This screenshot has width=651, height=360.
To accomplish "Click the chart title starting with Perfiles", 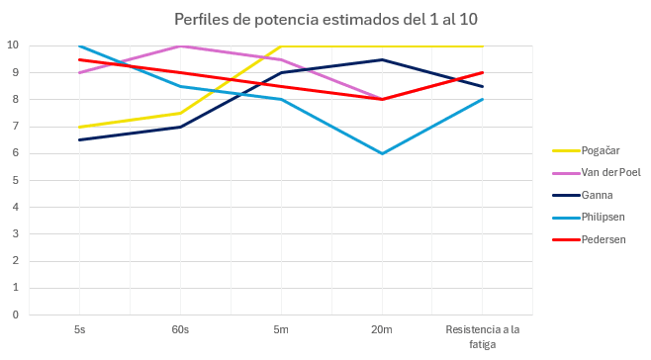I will [326, 19].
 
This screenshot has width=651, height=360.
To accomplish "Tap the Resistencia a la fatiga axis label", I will [482, 337].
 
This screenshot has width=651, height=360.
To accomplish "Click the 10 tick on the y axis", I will [13, 45].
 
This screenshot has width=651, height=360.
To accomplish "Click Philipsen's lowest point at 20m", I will [381, 153].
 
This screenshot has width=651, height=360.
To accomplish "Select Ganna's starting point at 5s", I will [79, 139].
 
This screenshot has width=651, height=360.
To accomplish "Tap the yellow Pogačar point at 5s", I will [79, 127].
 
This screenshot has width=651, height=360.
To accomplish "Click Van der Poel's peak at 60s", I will [179, 45].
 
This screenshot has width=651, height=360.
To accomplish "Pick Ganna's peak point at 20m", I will [381, 59].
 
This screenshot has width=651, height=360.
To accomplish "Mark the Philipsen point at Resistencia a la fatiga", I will [482, 99].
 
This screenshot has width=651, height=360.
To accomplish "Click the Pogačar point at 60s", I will [179, 113].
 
